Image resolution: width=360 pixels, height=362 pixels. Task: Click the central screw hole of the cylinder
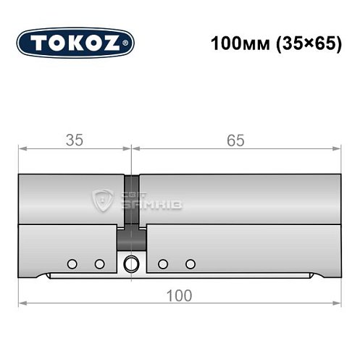131,263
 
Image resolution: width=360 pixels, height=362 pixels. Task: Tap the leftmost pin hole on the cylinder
72,264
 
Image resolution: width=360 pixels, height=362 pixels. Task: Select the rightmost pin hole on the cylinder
191,264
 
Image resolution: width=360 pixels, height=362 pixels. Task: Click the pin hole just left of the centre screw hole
99,264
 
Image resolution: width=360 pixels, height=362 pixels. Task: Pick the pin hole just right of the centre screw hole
163,264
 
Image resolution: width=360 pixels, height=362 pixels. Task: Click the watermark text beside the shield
148,201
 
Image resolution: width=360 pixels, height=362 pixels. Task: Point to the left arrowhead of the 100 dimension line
21,303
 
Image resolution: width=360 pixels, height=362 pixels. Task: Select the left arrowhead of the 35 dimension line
21,149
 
